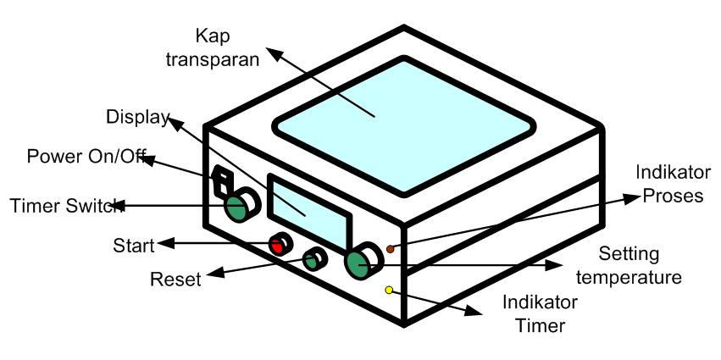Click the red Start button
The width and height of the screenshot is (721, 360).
276,246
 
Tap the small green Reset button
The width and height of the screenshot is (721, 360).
313,261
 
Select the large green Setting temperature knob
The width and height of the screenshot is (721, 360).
358,266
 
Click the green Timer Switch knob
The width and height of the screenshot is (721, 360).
236,206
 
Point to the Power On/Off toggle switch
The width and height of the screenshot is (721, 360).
222,179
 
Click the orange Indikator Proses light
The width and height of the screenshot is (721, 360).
390,249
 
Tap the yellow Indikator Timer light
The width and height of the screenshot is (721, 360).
389,291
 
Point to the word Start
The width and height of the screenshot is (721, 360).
134,246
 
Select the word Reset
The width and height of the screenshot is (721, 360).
175,279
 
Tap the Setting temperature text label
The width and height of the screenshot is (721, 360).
640,265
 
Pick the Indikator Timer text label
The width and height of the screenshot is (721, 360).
540,313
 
